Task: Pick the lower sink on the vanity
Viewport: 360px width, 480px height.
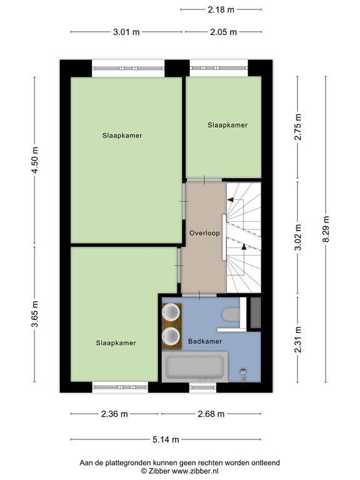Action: pyautogui.click(x=170, y=337)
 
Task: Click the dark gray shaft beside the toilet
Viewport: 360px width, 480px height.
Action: pyautogui.click(x=254, y=313)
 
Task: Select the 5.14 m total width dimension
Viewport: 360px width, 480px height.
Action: pyautogui.click(x=166, y=439)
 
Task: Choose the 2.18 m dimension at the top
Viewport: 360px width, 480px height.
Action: pyautogui.click(x=221, y=9)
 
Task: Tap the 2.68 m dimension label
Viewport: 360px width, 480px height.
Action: pyautogui.click(x=211, y=414)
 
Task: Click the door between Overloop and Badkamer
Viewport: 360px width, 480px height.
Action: pyautogui.click(x=199, y=294)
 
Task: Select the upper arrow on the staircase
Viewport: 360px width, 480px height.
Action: pyautogui.click(x=234, y=199)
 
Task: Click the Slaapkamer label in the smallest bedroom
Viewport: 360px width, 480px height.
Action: pyautogui.click(x=227, y=125)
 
